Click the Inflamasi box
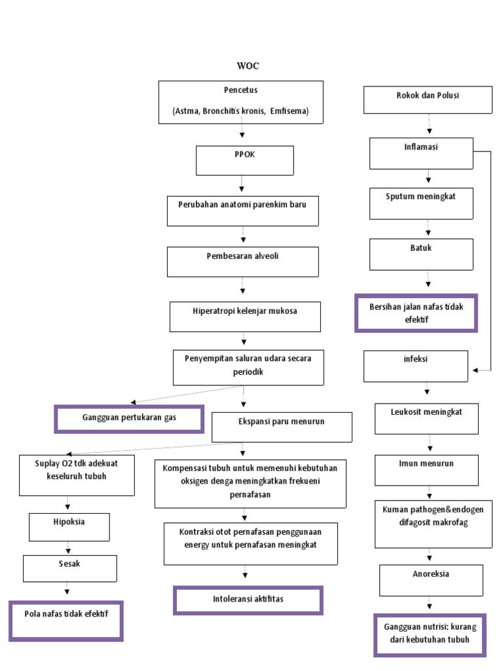click(421, 153)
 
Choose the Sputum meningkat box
click(421, 203)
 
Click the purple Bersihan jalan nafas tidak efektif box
click(416, 313)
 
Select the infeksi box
click(417, 366)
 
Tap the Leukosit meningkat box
click(427, 419)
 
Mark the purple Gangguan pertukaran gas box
click(129, 419)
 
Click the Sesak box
click(70, 568)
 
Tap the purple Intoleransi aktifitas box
click(248, 600)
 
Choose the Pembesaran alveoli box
click(242, 261)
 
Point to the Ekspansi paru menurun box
click(282, 427)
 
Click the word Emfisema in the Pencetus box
click(288, 111)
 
